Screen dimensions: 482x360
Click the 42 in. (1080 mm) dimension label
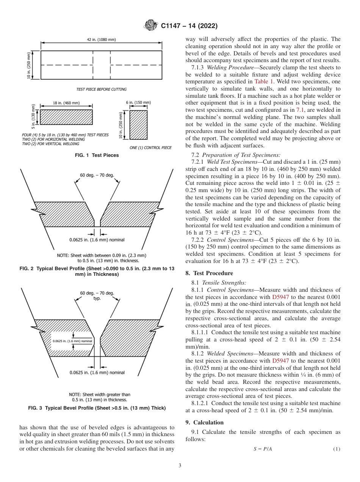click(102, 40)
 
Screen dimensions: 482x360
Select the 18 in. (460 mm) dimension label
click(66, 103)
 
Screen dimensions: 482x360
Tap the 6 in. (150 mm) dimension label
click(139, 103)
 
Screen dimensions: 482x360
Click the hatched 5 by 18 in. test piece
click(66, 117)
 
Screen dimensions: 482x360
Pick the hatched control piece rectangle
click(139, 125)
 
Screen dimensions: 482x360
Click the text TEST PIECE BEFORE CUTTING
click(102, 89)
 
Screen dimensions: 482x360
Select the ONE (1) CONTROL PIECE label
click(150, 147)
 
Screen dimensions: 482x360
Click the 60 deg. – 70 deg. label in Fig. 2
click(97, 175)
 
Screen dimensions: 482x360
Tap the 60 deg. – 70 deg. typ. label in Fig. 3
click(97, 295)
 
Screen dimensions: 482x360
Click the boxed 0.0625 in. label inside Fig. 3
click(72, 341)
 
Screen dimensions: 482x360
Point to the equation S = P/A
click(263, 449)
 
